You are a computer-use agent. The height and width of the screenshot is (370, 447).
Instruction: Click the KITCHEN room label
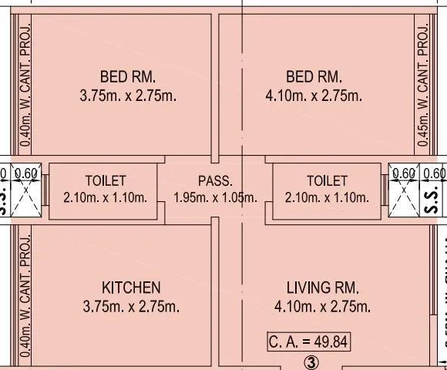[130, 287]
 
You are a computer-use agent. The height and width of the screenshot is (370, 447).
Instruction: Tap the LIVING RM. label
[324, 287]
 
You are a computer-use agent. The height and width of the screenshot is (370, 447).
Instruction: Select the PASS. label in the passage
[215, 181]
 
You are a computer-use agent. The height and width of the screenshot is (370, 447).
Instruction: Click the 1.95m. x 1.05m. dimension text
[215, 197]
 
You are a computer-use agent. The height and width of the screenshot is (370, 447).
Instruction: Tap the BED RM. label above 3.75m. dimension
[128, 77]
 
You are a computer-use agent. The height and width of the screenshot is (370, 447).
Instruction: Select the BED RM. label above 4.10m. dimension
[314, 77]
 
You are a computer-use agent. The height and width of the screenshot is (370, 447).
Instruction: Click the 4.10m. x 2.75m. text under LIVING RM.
[324, 307]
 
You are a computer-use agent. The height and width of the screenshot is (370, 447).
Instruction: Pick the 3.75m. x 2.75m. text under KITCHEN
[130, 307]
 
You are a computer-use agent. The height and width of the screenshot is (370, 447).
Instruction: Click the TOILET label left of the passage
[106, 181]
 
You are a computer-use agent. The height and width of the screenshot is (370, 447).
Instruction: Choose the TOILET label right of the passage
[327, 181]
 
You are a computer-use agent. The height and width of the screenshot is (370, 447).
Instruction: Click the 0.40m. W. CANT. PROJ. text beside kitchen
[26, 289]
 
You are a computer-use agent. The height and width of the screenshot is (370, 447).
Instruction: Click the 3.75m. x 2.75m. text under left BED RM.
[128, 96]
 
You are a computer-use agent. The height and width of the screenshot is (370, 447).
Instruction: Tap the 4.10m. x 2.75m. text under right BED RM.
[314, 96]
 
